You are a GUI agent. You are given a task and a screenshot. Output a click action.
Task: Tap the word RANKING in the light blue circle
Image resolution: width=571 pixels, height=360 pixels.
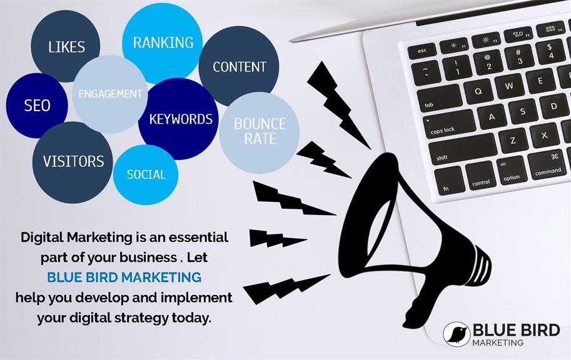click(163, 42)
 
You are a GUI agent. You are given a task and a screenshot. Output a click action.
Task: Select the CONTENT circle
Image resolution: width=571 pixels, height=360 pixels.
click(239, 66)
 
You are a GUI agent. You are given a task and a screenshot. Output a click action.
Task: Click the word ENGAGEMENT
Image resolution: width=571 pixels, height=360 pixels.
click(110, 94)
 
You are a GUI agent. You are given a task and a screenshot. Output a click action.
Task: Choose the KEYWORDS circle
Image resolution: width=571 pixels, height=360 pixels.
click(179, 119)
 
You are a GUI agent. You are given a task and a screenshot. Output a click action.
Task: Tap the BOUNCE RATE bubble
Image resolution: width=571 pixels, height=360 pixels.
click(260, 132)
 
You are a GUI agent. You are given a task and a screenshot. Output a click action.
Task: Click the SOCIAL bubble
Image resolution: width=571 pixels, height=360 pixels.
click(146, 175)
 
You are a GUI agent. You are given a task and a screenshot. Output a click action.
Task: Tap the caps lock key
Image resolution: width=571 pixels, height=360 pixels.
click(449, 124)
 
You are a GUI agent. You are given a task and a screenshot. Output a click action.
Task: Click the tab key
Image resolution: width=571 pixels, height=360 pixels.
click(439, 99)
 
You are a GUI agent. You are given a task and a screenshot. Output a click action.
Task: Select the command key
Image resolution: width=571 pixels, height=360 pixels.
click(547, 166)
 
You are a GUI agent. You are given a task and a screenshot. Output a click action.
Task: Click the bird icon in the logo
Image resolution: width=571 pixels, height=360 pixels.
click(457, 333)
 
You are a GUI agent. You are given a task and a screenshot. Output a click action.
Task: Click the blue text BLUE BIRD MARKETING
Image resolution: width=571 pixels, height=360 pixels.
click(124, 277)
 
